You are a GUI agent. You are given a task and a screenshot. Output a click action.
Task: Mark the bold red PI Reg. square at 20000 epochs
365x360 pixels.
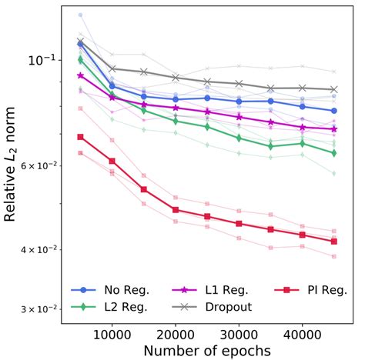point(176,209)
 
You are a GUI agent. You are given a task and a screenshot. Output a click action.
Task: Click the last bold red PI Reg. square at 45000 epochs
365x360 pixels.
point(333,242)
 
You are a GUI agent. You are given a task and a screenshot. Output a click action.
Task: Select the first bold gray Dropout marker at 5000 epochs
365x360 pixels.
point(81,41)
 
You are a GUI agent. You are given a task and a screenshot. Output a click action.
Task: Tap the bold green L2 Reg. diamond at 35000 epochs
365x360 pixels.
point(270,146)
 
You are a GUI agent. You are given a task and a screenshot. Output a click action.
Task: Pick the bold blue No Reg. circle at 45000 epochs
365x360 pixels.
point(333,111)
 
